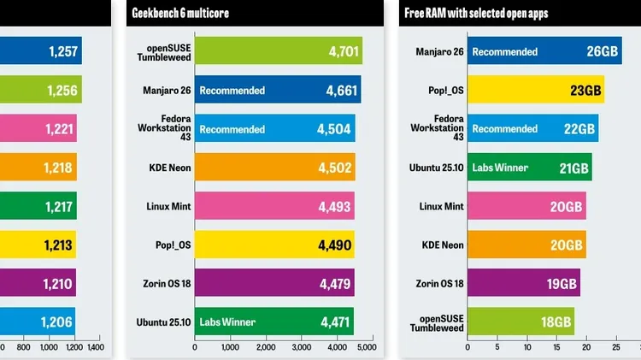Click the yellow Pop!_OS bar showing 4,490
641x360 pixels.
pos(273,245)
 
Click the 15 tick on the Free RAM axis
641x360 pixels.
pos(556,348)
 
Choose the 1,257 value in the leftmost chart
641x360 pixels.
pos(62,51)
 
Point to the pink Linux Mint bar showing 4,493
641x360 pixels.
pos(274,206)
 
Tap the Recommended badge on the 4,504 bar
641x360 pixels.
pos(232,129)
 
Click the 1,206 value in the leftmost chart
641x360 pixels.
pos(58,322)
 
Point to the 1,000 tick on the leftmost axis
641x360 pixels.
pos(48,348)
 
